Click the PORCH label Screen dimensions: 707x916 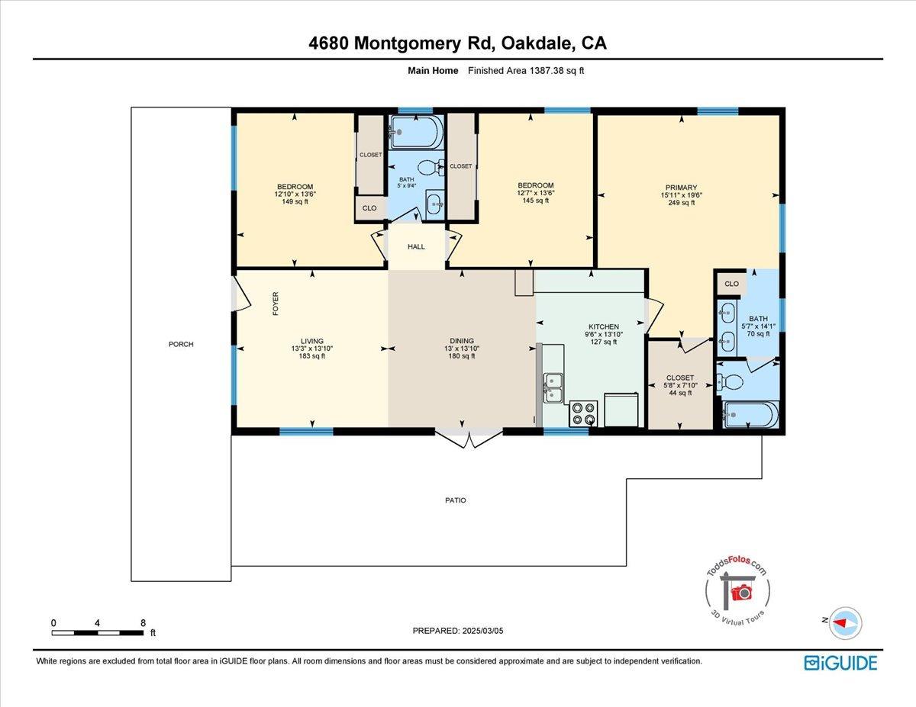click(181, 344)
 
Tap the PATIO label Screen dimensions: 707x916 click(456, 500)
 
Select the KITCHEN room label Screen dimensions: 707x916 click(603, 326)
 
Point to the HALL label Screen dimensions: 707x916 click(416, 246)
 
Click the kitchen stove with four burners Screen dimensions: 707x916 click(583, 413)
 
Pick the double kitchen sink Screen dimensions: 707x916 click(553, 387)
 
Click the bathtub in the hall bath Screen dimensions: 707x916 click(415, 133)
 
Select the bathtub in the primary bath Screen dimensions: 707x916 click(750, 415)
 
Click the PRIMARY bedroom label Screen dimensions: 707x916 click(681, 188)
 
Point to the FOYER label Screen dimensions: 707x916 click(276, 304)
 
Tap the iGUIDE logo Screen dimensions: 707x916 click(840, 663)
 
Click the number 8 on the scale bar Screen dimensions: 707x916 click(143, 622)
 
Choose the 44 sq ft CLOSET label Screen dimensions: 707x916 click(680, 385)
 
